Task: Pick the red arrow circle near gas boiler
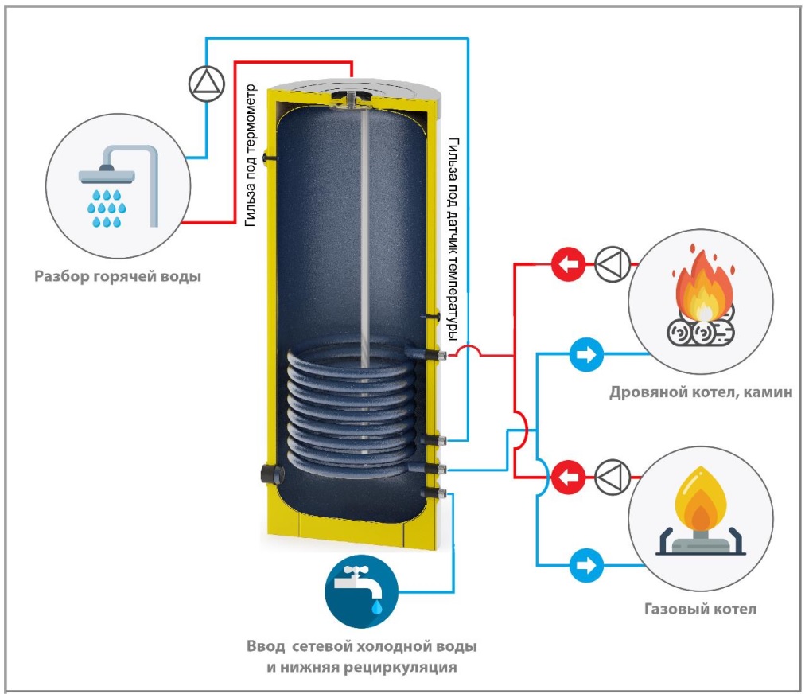pyautogui.click(x=566, y=478)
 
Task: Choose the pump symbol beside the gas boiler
pyautogui.click(x=612, y=478)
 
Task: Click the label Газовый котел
pyautogui.click(x=699, y=609)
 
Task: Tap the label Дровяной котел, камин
pyautogui.click(x=701, y=392)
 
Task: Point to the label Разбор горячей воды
pyautogui.click(x=117, y=278)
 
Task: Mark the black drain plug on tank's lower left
pyautogui.click(x=267, y=474)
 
